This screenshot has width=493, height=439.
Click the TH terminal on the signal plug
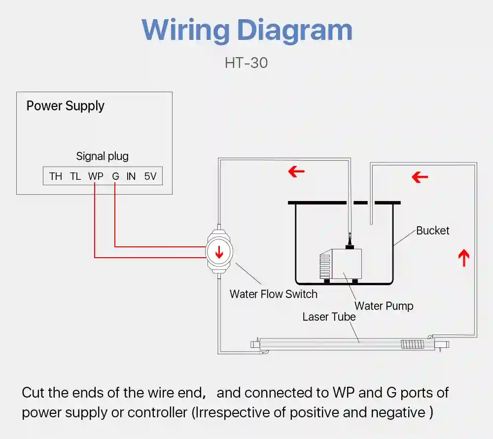pyautogui.click(x=56, y=176)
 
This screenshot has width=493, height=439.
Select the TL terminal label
pyautogui.click(x=75, y=176)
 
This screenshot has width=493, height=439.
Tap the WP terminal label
pyautogui.click(x=96, y=176)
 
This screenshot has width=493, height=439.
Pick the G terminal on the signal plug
pyautogui.click(x=115, y=176)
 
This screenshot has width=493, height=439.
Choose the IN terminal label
pyautogui.click(x=131, y=176)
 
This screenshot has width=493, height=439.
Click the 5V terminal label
pyautogui.click(x=150, y=176)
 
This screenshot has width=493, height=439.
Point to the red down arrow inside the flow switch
pyautogui.click(x=219, y=252)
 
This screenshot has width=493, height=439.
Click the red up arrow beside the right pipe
pyautogui.click(x=464, y=258)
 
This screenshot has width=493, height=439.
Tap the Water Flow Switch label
pyautogui.click(x=274, y=294)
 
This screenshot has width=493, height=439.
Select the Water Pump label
pyautogui.click(x=384, y=306)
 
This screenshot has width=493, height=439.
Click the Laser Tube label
pyautogui.click(x=329, y=317)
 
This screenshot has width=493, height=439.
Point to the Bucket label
pyautogui.click(x=433, y=231)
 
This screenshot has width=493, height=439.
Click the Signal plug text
pyautogui.click(x=102, y=156)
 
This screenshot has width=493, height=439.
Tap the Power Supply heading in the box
pyautogui.click(x=66, y=106)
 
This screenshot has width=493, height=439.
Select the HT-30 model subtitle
pyautogui.click(x=246, y=63)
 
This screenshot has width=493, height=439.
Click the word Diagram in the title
pyautogui.click(x=295, y=31)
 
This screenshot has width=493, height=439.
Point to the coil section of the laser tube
pyautogui.click(x=413, y=344)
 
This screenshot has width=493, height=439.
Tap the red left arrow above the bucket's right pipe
pyautogui.click(x=420, y=177)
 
